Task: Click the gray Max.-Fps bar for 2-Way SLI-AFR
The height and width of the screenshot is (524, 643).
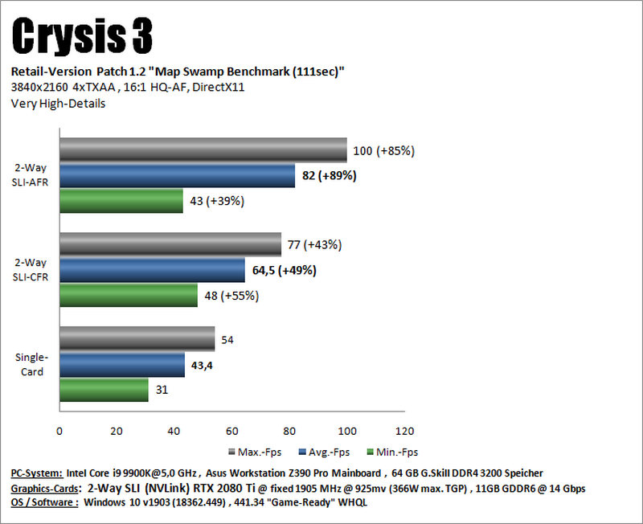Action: (203, 150)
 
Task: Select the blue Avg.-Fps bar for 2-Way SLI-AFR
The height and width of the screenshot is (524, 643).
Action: (177, 175)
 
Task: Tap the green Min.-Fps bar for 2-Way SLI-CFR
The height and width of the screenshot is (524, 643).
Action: (129, 295)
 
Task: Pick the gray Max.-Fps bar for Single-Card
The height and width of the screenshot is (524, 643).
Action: (137, 338)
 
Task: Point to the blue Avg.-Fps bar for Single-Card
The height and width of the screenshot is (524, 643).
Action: (122, 365)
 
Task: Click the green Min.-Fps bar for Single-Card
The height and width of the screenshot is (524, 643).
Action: (104, 390)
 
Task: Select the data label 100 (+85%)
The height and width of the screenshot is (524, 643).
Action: (384, 151)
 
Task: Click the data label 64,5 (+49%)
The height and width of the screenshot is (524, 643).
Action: (285, 271)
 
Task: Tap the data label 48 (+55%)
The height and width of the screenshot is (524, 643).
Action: (231, 296)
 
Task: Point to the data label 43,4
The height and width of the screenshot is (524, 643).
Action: (202, 366)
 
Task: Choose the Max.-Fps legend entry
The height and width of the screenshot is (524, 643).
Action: (255, 452)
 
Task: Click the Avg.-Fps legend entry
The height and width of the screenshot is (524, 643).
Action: (325, 452)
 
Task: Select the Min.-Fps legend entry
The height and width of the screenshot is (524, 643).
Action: (392, 452)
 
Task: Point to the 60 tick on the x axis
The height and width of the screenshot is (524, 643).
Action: (231, 431)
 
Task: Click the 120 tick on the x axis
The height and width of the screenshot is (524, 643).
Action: (405, 431)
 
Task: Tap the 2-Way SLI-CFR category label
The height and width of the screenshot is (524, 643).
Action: (31, 270)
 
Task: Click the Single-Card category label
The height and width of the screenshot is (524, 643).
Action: (31, 364)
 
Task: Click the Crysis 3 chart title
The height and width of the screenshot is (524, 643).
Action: (82, 36)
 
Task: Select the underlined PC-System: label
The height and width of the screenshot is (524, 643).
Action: (37, 473)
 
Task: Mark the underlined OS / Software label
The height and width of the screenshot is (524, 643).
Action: (44, 502)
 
